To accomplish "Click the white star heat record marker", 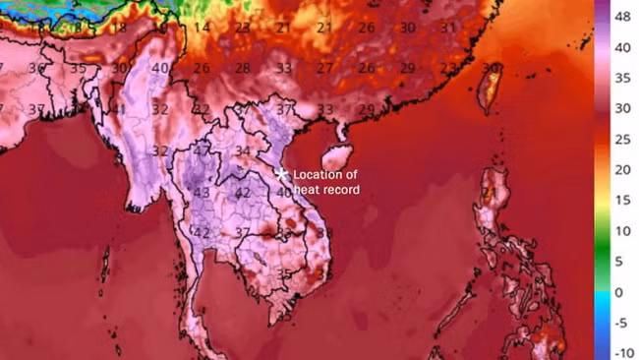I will [281, 174].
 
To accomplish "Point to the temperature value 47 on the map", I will [202, 150].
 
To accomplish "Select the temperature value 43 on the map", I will [202, 192].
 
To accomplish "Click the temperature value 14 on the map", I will [202, 27].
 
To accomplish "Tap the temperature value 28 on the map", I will [242, 68].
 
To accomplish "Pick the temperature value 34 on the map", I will [243, 150].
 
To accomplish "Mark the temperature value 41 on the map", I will [119, 109].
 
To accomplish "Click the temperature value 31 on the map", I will [448, 27].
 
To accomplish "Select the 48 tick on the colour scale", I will [621, 18].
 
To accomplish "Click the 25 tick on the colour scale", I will [621, 140].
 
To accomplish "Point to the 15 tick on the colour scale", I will [621, 201].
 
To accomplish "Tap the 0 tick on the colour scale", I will [618, 292].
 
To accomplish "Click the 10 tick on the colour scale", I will [621, 231].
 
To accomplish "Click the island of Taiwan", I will [487, 89].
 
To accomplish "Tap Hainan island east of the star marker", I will [335, 157].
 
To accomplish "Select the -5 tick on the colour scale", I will [621, 323].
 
